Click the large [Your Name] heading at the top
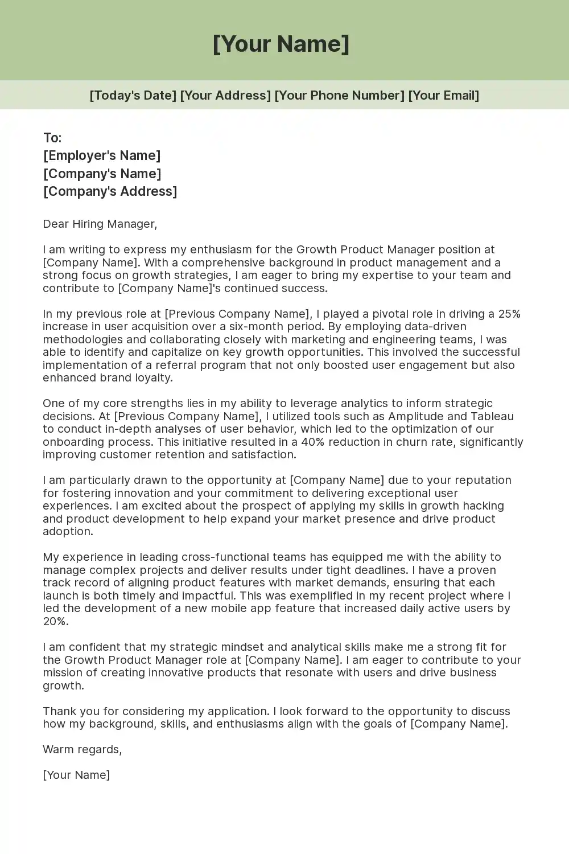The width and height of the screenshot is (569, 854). [x=281, y=44]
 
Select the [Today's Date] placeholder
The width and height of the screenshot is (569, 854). [x=133, y=95]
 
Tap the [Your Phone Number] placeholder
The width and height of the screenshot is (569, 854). [x=339, y=95]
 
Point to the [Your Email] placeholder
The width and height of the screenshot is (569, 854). [x=443, y=95]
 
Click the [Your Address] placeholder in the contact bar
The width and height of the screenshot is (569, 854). [x=225, y=95]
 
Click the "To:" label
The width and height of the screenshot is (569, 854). [x=52, y=138]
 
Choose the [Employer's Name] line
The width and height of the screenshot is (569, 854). [x=102, y=155]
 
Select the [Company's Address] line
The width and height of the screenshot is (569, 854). [x=110, y=191]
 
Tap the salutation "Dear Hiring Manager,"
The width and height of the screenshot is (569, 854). [x=100, y=224]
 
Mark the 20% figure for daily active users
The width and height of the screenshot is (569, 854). [x=55, y=621]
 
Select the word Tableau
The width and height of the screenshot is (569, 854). [x=492, y=416]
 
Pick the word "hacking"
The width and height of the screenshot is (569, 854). [x=483, y=506]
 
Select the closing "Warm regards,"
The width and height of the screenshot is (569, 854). [x=83, y=749]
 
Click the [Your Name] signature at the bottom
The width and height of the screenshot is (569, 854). [x=76, y=775]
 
